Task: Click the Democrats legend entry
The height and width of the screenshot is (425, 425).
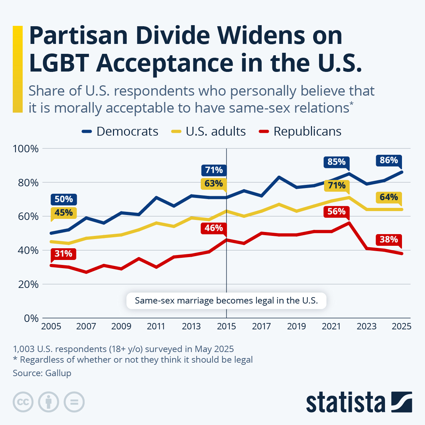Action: pos(120,131)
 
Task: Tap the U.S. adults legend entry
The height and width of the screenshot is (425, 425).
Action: pos(209,131)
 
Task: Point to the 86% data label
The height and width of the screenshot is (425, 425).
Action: pos(389,160)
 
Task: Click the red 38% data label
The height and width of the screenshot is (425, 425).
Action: pos(389,240)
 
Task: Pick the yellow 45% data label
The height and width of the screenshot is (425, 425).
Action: pos(64,213)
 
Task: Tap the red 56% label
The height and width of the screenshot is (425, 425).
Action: pos(336,212)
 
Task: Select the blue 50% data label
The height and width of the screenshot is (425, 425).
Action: pos(64,199)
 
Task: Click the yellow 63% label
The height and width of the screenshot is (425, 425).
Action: pos(214,184)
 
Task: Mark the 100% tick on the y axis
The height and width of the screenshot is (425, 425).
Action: pos(25,149)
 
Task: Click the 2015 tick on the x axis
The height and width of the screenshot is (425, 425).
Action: pos(226,326)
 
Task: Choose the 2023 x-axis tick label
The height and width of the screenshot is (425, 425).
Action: pos(366,326)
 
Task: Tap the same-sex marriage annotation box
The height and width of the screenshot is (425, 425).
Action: pos(226,301)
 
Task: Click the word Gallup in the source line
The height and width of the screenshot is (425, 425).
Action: pos(58,373)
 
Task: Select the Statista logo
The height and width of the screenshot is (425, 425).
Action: pos(359,402)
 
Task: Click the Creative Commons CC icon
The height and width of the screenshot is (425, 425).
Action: pos(23,402)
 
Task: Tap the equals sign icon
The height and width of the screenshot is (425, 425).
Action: pos(74,402)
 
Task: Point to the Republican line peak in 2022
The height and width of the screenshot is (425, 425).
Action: pos(349,223)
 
